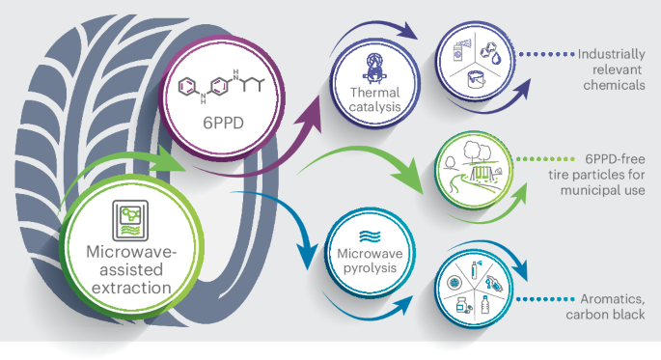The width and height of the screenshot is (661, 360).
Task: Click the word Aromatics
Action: point(605,298)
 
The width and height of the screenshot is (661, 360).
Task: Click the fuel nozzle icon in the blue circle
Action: point(495,287)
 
